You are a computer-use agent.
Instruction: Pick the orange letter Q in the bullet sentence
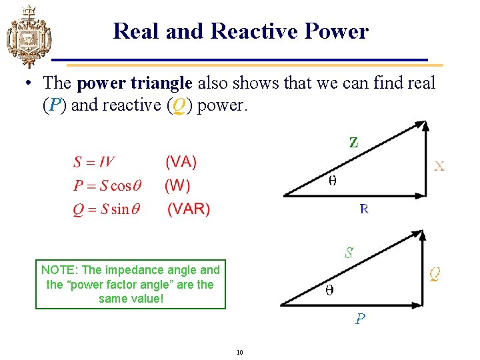coord(177,105)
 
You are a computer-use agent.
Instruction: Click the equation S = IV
coord(93,162)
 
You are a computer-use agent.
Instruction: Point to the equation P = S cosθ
coord(107,186)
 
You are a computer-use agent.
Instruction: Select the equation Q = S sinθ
coord(106,209)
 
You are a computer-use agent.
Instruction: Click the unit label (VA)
coord(181,162)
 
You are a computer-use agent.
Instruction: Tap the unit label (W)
coord(177,186)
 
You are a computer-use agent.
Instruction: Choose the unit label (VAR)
coord(189,209)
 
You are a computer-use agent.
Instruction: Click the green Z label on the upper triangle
coord(353,142)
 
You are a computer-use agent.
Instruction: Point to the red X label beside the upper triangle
coord(439,166)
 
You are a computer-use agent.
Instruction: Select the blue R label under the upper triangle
coord(364,209)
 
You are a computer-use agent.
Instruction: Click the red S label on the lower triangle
coord(348,253)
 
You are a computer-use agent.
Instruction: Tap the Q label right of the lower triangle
coord(434,273)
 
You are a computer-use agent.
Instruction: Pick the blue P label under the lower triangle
coord(360,319)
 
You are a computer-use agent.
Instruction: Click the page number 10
coord(239,351)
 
